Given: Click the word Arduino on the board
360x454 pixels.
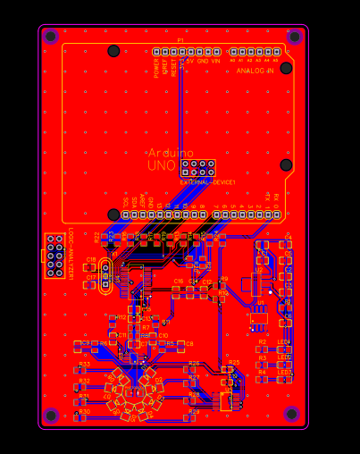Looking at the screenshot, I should point(171,153).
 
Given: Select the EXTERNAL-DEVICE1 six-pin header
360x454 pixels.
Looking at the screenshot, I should point(197,167).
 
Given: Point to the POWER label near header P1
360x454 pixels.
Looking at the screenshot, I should point(156,68).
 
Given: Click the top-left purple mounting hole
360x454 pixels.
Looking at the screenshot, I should point(50,37).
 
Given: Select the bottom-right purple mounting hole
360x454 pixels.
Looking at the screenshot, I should point(291,414).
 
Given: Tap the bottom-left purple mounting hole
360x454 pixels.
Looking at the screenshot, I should point(51,416).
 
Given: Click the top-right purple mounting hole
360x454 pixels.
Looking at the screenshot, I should point(295,37).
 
